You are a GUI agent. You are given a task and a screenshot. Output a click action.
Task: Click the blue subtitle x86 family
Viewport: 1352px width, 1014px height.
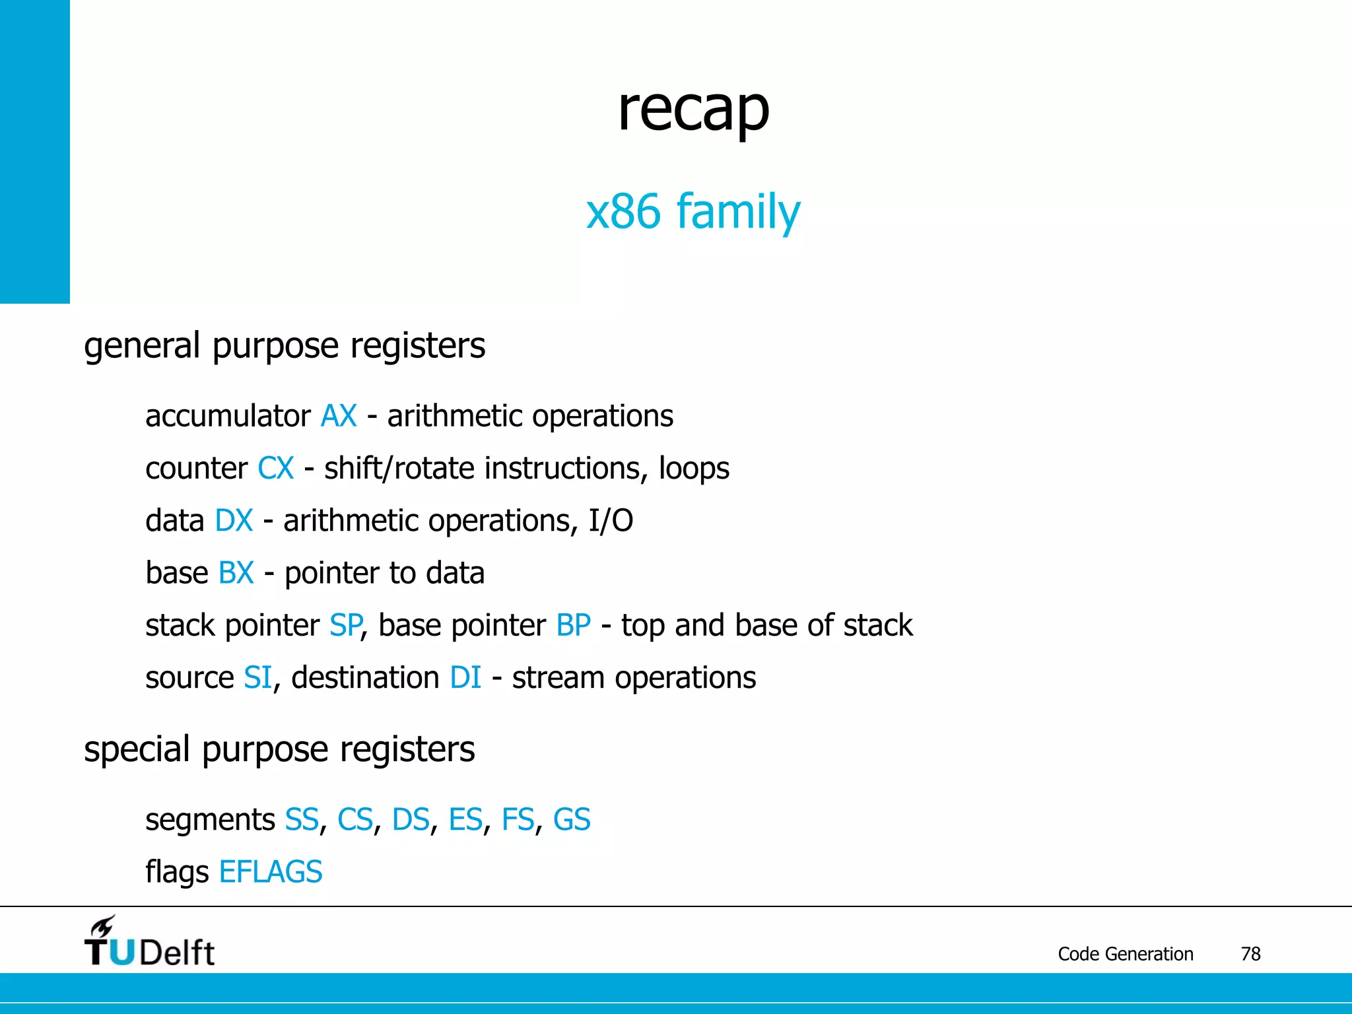(693, 211)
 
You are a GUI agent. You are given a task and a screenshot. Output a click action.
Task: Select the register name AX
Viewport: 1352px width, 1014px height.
(339, 417)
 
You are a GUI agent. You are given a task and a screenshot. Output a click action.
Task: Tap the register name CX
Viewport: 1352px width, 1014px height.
(275, 469)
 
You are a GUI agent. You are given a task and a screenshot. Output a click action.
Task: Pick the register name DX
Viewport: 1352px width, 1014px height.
(234, 521)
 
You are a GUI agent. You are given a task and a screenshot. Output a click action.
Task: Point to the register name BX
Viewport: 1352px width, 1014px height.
(236, 573)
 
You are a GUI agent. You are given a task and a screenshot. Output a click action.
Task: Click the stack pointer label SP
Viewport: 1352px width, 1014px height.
(345, 625)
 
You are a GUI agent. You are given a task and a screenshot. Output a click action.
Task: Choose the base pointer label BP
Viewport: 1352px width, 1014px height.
(573, 625)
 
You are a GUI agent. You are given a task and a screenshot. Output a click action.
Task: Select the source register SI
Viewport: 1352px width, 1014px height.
(257, 678)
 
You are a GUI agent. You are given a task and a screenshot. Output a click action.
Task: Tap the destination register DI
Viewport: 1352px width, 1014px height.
(465, 678)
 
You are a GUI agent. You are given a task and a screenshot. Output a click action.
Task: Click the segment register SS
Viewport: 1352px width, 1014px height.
(302, 820)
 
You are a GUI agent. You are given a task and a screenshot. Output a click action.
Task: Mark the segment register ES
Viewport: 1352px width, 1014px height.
(465, 820)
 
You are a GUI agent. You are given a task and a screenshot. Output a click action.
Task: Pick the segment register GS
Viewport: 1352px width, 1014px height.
(571, 820)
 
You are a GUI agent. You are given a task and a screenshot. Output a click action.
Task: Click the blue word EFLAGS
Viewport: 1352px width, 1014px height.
(271, 872)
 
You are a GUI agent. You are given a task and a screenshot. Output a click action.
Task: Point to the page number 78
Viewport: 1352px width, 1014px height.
(1250, 954)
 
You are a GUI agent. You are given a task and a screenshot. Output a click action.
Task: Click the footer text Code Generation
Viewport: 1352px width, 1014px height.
(1125, 954)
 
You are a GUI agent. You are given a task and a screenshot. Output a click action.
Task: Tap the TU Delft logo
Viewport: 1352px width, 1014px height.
(149, 943)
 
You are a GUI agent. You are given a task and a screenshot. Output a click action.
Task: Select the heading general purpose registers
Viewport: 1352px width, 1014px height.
(285, 345)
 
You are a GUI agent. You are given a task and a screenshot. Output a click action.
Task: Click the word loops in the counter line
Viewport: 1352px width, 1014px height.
(694, 469)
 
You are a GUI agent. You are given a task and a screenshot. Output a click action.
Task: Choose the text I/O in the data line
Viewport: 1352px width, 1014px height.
(611, 521)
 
